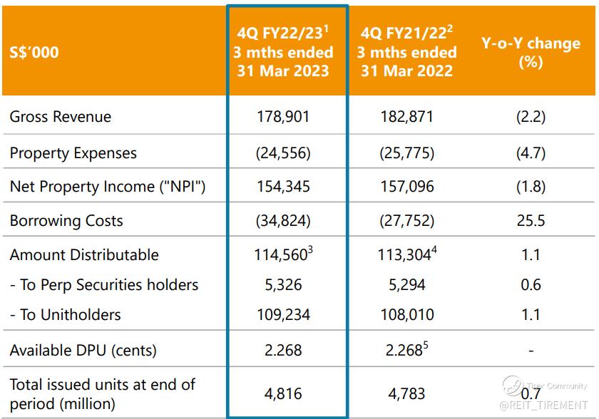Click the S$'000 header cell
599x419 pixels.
[x=34, y=52]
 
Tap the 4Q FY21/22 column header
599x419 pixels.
[x=406, y=52]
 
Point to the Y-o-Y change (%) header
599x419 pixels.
[x=531, y=52]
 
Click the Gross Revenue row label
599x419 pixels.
[x=61, y=116]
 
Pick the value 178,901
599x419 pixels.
[x=283, y=116]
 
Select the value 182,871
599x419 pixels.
[x=406, y=116]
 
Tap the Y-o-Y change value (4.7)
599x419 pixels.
[x=531, y=153]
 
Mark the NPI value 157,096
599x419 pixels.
[x=406, y=187]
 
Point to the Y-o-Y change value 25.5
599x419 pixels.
[x=531, y=220]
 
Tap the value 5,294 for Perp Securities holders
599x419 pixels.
[x=406, y=285]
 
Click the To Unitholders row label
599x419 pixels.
[x=66, y=314]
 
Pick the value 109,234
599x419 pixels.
[x=283, y=314]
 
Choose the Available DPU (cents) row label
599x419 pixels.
[x=83, y=350]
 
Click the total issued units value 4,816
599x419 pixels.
[x=283, y=393]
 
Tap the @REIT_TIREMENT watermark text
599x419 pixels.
[x=545, y=405]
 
